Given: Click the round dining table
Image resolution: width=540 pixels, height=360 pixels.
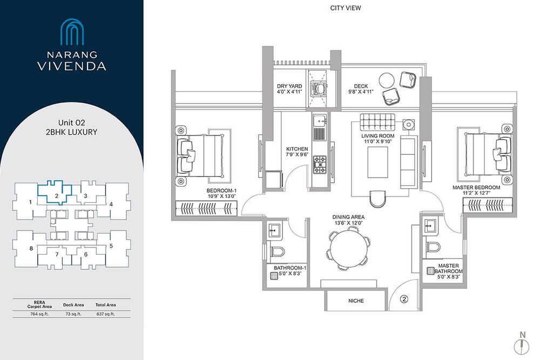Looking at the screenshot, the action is pos(348,248).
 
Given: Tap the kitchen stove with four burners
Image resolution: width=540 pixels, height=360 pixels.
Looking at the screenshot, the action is pos(319,164).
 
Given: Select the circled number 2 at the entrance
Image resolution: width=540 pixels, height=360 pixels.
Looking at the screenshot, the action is pos(404,299).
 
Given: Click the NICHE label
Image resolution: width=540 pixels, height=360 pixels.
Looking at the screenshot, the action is pos(356,301).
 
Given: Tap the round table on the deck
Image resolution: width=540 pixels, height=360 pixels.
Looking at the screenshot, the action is pos(387,80).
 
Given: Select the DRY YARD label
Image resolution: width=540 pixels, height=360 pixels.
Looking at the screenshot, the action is pos(289,86).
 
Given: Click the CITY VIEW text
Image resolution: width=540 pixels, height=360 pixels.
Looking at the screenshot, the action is pos(346,8).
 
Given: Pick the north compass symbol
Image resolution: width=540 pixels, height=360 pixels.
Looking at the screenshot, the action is pos(522,345).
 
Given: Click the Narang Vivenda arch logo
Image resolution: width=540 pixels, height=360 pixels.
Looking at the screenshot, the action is pos(72,32).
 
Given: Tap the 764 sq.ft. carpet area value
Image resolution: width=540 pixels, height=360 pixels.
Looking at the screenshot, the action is pos(39,314).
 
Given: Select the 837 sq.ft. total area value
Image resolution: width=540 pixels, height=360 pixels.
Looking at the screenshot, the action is pos(106,314).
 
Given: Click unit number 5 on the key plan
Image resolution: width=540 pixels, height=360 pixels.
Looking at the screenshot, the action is pos(111,246).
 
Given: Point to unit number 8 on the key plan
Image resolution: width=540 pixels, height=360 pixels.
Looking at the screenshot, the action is pos(31,248).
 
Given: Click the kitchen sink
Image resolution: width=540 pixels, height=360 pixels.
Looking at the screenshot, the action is pos(319,120).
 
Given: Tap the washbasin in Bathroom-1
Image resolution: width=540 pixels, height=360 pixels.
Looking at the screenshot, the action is pos(274,229).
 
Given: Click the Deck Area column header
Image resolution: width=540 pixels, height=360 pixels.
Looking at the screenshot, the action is pos(73,305).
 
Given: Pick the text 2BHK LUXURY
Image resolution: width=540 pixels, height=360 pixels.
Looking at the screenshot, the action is pos(72,132).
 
